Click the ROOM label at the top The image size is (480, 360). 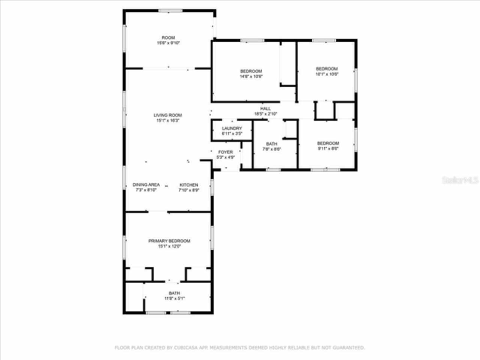click(168, 37)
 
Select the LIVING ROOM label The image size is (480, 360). click(168, 115)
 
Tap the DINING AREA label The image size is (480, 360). click(146, 184)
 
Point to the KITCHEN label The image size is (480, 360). click(189, 185)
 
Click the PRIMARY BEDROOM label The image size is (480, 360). click(169, 241)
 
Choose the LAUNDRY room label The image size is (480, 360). click(232, 128)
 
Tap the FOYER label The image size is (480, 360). click(225, 152)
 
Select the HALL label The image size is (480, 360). click(265, 109)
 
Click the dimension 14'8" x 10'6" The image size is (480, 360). click(251, 76)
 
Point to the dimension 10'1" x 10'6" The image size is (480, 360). click(327, 74)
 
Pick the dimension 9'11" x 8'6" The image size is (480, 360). click(328, 148)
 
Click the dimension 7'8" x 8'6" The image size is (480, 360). click(271, 149)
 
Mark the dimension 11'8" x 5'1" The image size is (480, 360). click(174, 298)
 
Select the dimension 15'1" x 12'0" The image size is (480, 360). click(169, 246)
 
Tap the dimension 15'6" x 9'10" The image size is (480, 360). click(168, 43)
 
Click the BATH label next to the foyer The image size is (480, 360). click(271, 144)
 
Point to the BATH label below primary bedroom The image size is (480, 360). click(174, 293)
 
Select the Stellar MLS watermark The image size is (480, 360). click(460, 180)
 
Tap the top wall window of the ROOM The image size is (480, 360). click(170, 11)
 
